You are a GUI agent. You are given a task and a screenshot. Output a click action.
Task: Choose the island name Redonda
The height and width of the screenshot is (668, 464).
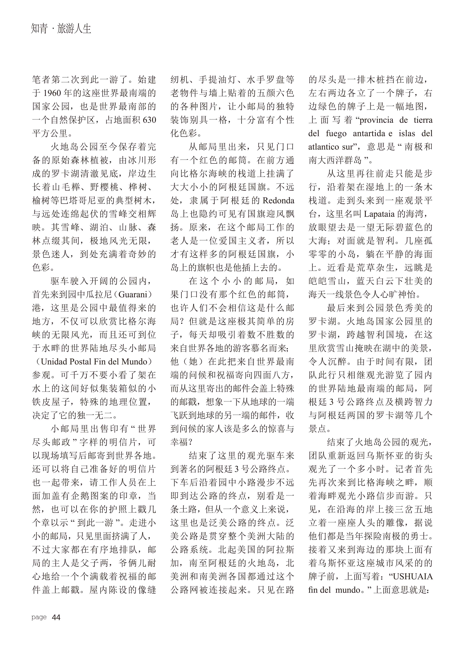coord(278,201)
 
